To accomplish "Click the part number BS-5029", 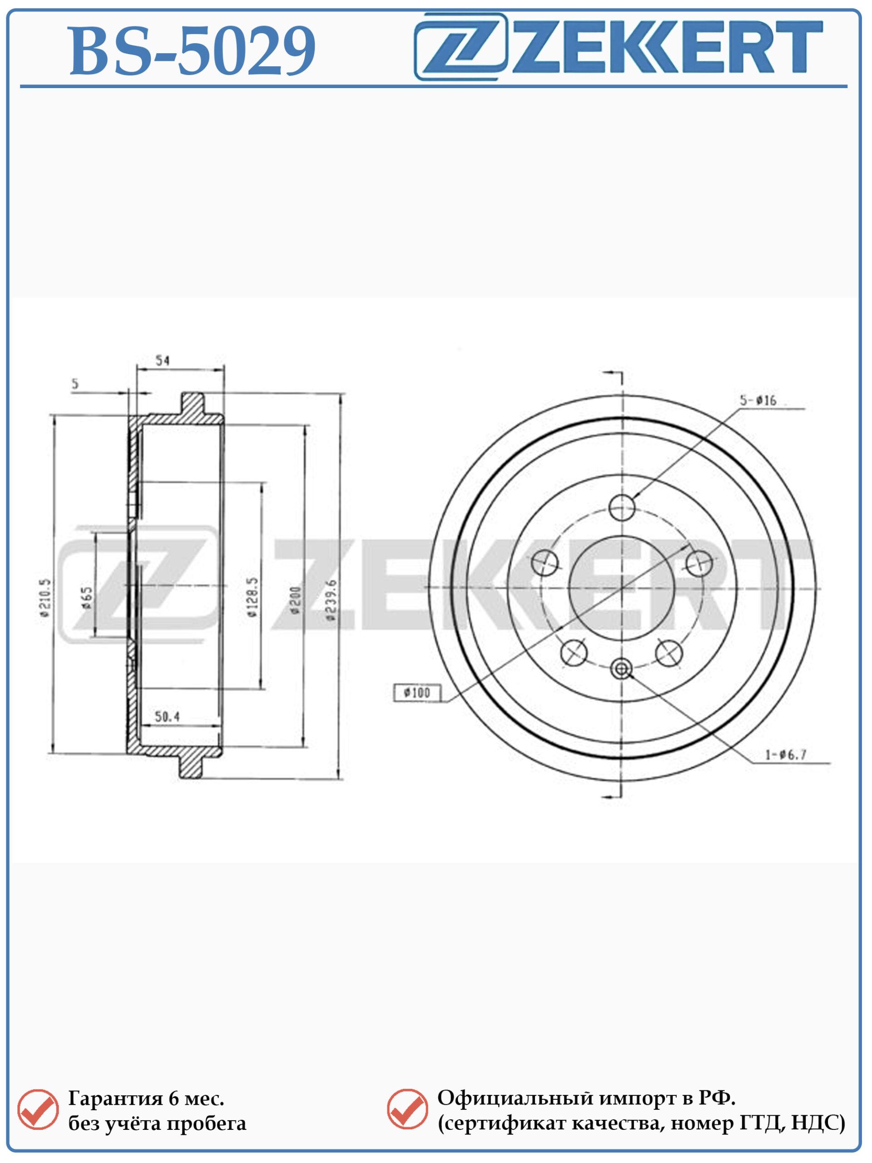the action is tap(192, 51).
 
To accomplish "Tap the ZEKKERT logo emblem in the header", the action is tap(461, 46).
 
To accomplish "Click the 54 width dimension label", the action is tap(163, 361).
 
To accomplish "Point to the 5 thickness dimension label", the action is tap(75, 383).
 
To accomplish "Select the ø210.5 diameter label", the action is tap(45, 598).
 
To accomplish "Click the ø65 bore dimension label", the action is tap(87, 598).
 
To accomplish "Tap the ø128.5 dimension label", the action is tap(253, 597).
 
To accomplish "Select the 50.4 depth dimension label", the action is tap(167, 716).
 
